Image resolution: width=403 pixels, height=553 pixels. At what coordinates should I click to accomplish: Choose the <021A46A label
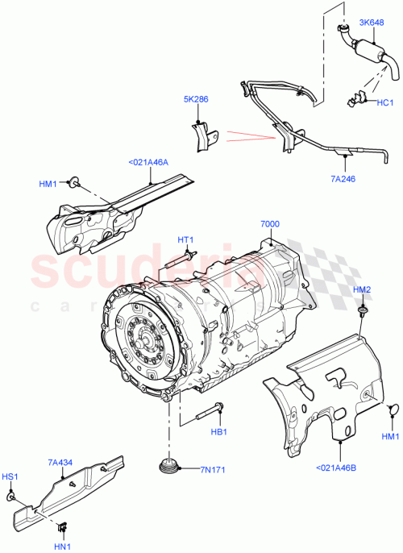pos(148,162)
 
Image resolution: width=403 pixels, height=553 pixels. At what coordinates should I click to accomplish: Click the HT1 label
pos(186,239)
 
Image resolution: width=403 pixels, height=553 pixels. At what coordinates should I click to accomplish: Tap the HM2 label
pos(362,289)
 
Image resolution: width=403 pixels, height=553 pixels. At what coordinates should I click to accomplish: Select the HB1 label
pos(220,431)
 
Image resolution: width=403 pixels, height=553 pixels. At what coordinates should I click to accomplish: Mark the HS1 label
pos(9,478)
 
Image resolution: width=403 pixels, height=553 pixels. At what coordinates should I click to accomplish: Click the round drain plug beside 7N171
pos(168,467)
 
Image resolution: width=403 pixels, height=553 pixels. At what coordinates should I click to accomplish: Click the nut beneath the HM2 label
pos(363,310)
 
